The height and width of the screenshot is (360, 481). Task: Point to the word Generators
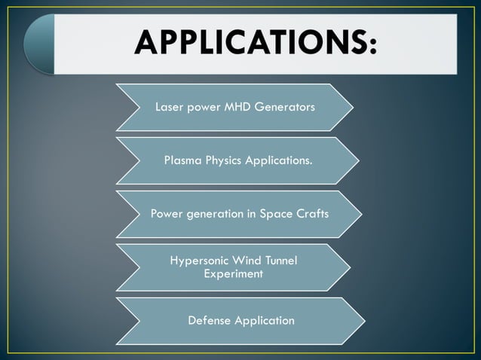pos(286,107)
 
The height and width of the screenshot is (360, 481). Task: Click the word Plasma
pos(183,160)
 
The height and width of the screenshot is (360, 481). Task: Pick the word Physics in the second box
pos(224,160)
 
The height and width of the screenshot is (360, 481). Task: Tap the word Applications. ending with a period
pos(278,160)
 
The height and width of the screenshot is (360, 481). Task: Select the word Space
pos(276,214)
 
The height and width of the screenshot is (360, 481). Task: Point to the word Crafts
pos(312,214)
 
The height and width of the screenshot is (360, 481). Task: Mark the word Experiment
pos(234,274)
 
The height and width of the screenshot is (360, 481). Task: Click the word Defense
pos(209,321)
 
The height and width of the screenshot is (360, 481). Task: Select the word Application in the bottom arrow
pos(264,321)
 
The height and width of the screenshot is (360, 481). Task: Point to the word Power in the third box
pos(168,214)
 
